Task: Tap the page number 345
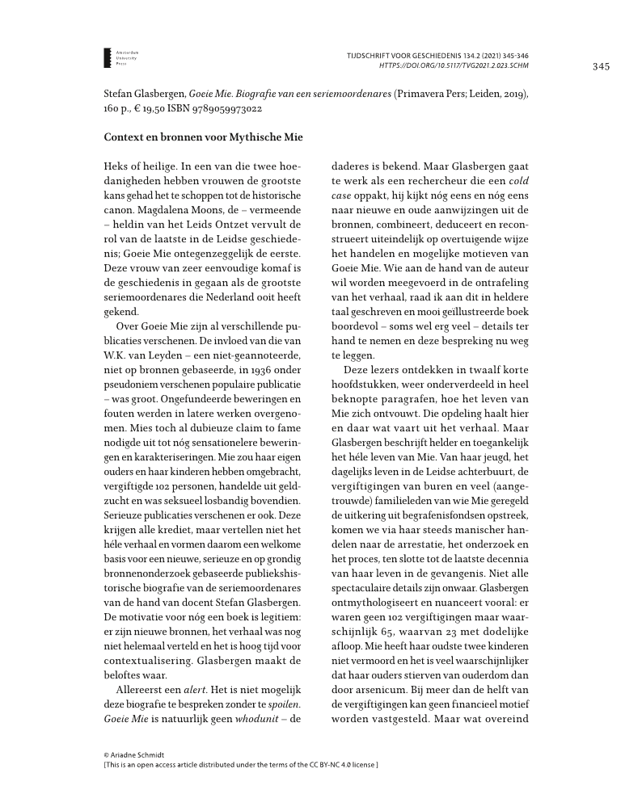(600, 66)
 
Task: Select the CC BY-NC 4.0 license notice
(242, 764)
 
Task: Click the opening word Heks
(118, 165)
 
